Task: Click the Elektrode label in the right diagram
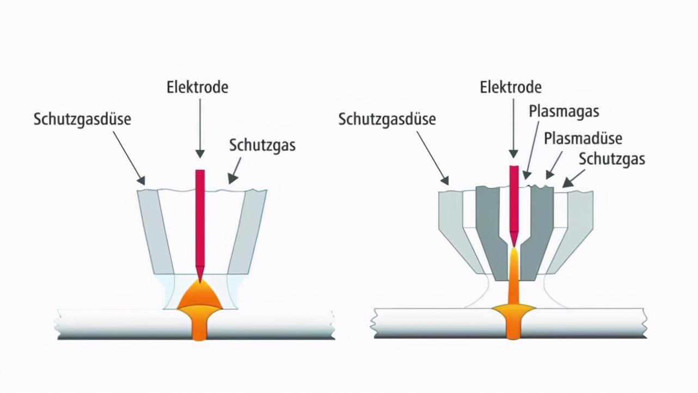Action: coord(511,87)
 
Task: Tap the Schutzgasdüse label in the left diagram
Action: coord(82,119)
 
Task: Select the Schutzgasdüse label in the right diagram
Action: coord(387,119)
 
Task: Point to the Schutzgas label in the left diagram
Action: coord(262,145)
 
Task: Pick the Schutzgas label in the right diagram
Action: coord(611,158)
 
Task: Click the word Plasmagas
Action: coord(564,112)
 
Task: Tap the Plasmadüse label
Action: coord(583,138)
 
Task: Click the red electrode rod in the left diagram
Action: coord(200,218)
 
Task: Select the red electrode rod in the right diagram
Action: coord(513,199)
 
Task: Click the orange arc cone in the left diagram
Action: coord(200,296)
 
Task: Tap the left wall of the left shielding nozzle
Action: coord(155,231)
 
